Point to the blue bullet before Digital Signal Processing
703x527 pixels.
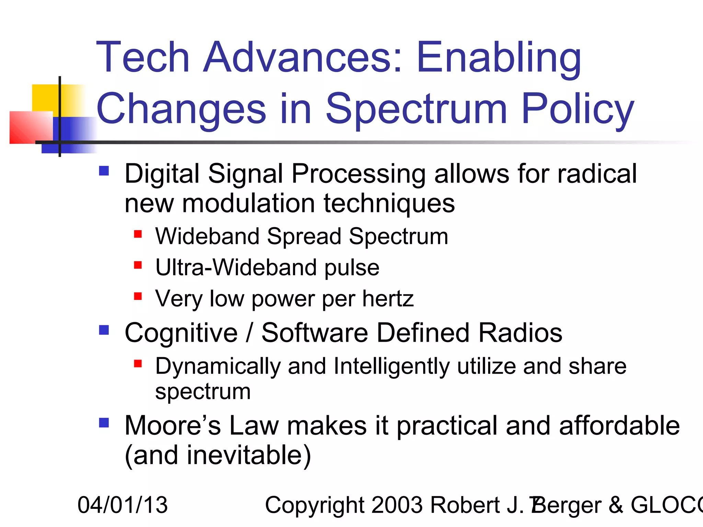pos(104,171)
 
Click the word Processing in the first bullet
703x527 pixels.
pos(358,174)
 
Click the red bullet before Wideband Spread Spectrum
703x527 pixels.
pos(138,234)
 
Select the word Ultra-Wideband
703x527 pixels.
pos(235,268)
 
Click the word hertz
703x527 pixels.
pos(388,299)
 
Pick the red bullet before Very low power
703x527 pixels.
pos(138,296)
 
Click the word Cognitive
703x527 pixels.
pos(181,333)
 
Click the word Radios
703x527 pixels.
pos(520,333)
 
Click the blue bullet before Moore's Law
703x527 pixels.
pos(104,422)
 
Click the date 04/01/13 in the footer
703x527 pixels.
pos(123,505)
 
